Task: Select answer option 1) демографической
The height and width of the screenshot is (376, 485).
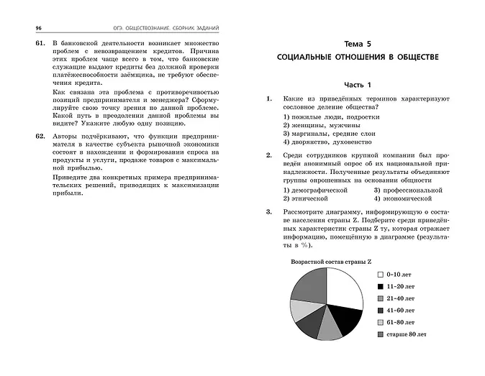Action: point(314,188)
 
